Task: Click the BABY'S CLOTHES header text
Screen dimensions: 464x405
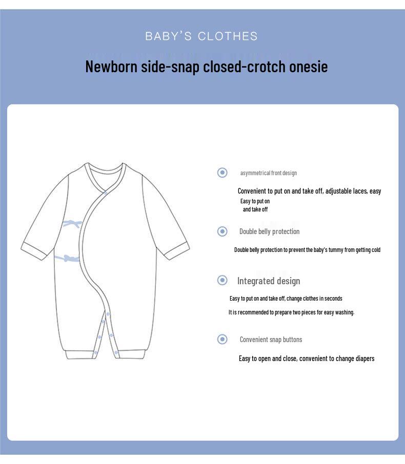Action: (x=201, y=36)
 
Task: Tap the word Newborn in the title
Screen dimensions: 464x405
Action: (x=111, y=67)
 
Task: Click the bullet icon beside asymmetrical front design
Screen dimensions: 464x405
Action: (x=222, y=173)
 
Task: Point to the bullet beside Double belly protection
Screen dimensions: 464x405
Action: (x=222, y=231)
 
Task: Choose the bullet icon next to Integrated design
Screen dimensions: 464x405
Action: (x=222, y=280)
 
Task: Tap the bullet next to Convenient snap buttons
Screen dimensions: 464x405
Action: (x=222, y=339)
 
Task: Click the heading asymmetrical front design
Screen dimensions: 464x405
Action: (x=269, y=173)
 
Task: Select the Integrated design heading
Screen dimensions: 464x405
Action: (x=269, y=281)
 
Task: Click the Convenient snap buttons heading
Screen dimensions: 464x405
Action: (x=271, y=340)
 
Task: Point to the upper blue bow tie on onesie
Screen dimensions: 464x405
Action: (x=72, y=223)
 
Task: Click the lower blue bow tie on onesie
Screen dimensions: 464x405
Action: (x=69, y=258)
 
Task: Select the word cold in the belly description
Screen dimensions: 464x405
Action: (x=375, y=250)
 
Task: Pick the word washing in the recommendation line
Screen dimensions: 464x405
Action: (x=344, y=312)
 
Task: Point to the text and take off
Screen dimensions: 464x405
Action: (x=255, y=209)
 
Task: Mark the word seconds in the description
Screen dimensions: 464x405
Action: (x=332, y=299)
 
